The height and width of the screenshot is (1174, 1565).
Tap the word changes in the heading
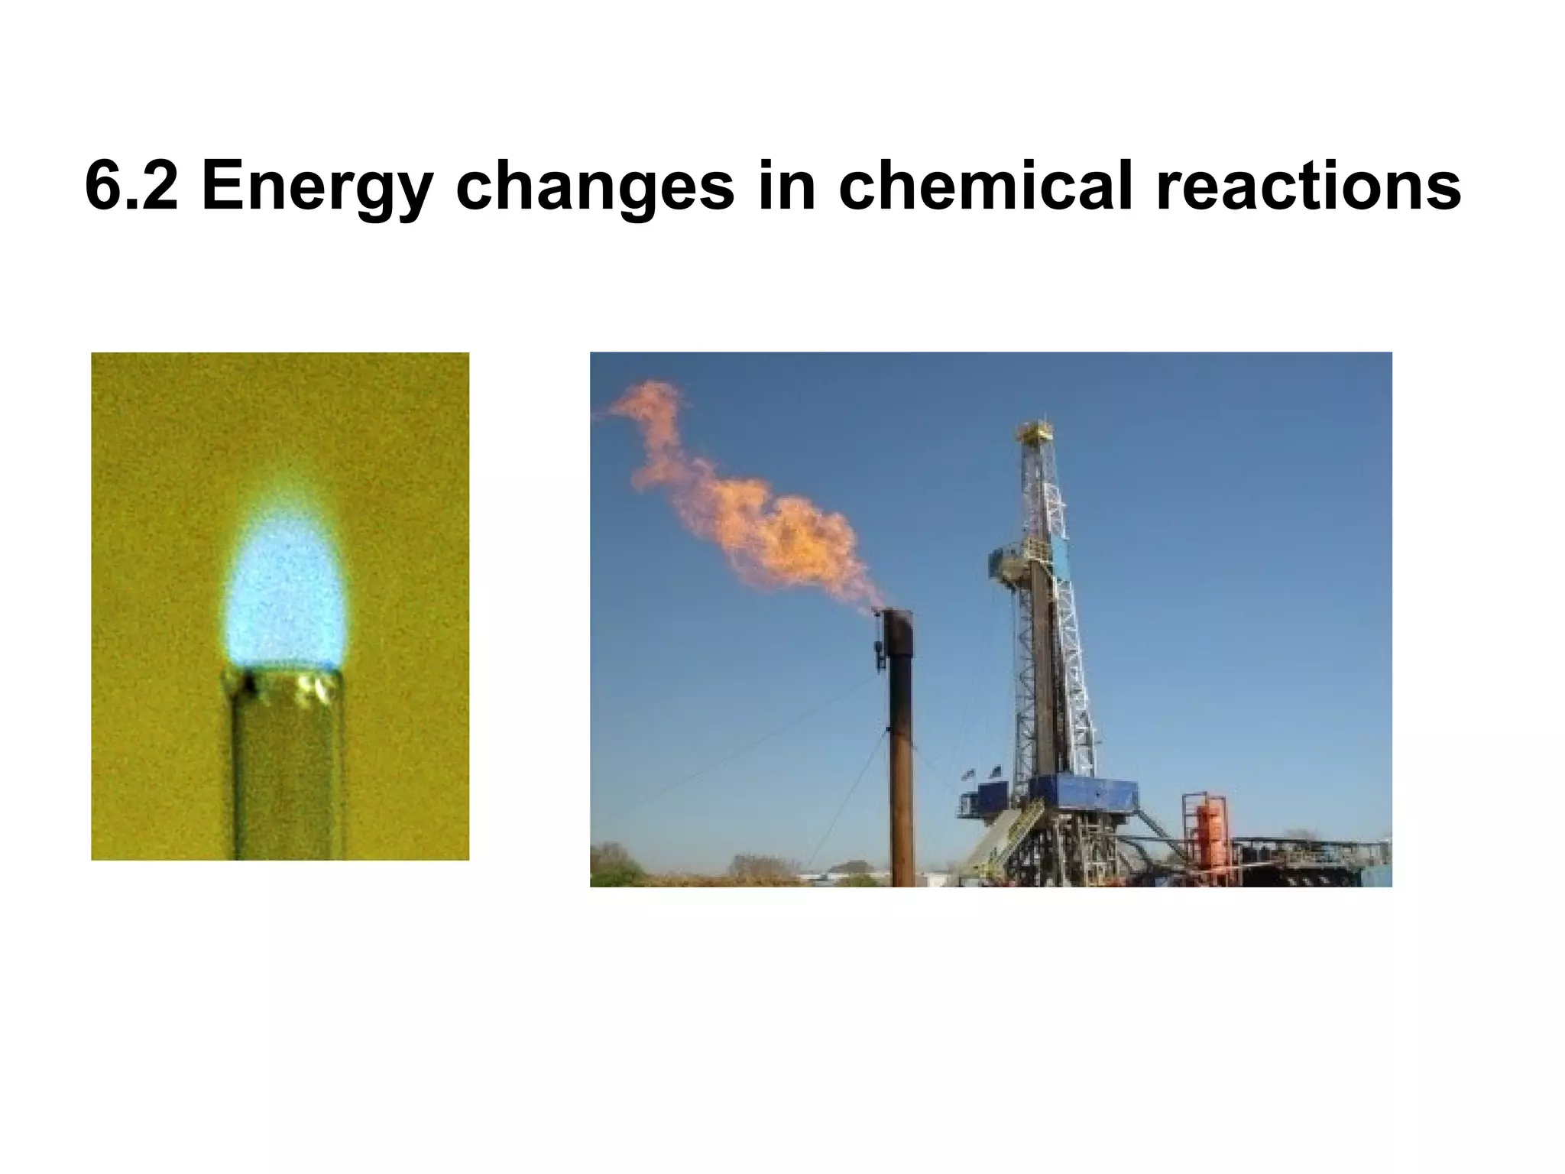coord(595,188)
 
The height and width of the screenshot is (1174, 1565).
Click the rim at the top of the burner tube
coord(283,677)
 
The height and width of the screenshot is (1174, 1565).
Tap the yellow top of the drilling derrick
coord(1035,433)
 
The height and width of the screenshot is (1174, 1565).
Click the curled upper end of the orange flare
coord(650,405)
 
